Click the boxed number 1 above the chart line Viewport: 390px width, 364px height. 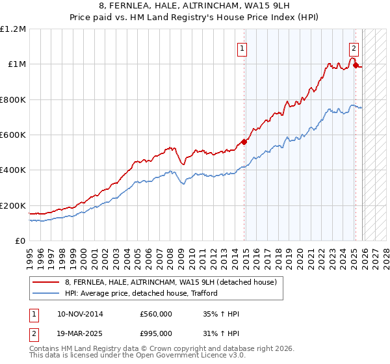click(242, 47)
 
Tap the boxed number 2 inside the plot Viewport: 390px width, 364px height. click(354, 47)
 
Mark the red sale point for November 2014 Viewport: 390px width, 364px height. click(244, 142)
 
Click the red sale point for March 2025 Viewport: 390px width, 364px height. click(356, 65)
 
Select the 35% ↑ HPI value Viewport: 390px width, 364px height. click(222, 314)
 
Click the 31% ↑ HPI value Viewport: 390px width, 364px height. click(222, 333)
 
